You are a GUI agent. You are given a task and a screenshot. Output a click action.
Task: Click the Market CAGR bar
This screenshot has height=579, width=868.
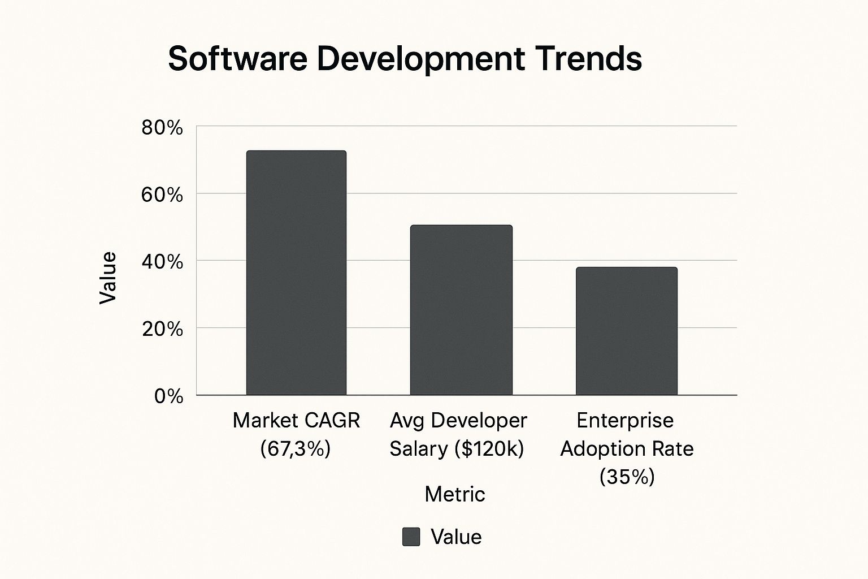point(296,273)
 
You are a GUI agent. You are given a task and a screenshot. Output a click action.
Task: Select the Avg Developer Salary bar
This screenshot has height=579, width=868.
point(461,310)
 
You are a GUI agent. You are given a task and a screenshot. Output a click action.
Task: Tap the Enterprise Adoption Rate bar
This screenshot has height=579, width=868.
point(626,331)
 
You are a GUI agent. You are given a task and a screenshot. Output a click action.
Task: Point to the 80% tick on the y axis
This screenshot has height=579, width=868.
point(162,128)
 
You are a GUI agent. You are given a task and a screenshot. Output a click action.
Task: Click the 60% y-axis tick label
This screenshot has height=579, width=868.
point(162,195)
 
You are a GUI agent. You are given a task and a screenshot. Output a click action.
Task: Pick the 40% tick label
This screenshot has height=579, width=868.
point(162,262)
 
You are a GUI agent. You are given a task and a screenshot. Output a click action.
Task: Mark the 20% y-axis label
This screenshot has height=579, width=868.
point(162,329)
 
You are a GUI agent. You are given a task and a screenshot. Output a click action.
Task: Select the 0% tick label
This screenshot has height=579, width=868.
point(168,396)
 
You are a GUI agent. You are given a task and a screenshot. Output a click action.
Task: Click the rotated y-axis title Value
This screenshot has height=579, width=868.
point(107,278)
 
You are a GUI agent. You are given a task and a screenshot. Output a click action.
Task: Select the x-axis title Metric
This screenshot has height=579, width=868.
point(454,494)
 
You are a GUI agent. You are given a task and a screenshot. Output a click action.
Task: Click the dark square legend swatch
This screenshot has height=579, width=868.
point(411,537)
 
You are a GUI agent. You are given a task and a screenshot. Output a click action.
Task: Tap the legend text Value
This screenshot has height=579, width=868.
point(456,537)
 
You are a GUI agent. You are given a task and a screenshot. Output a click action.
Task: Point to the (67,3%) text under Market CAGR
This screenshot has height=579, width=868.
point(295,449)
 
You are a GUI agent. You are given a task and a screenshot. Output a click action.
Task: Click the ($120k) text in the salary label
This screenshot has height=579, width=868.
point(489,449)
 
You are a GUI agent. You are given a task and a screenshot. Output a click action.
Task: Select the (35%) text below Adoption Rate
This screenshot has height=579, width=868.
point(627,477)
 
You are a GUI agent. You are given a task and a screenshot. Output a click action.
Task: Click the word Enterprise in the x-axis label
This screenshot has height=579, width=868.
point(625,421)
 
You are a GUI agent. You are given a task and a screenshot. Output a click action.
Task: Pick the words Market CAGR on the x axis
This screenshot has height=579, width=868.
point(296,421)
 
